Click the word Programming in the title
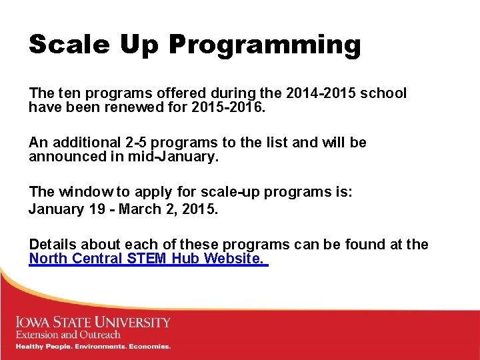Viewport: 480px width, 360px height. [265, 46]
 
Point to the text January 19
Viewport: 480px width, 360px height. [65, 209]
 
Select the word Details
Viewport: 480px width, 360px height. [53, 245]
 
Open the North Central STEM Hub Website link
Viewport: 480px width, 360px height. [147, 259]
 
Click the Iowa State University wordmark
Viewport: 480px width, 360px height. [93, 323]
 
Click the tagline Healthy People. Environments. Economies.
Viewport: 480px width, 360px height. [93, 347]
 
